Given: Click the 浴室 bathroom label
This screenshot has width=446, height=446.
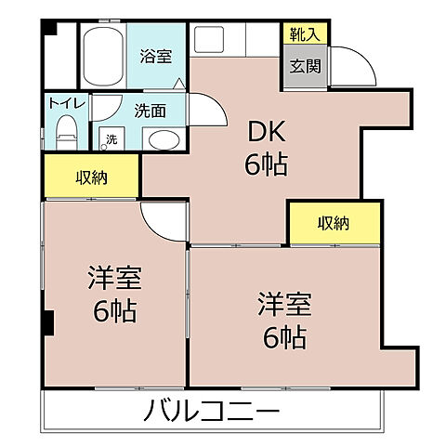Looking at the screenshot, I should [x=156, y=56].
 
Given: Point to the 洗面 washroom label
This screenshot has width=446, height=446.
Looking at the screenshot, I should [x=151, y=111].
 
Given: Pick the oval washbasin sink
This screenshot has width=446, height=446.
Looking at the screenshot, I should [x=164, y=141].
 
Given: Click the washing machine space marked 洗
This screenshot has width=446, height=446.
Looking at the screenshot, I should [x=111, y=138].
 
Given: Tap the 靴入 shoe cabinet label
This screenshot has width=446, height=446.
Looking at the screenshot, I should [x=304, y=36].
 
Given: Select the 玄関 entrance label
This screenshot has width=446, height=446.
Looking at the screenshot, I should [x=304, y=66].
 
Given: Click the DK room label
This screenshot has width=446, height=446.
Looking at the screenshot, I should [x=266, y=133].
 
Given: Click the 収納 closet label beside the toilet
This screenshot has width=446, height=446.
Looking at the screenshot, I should [x=92, y=177].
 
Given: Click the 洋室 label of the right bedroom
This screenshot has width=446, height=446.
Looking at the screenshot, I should [x=284, y=303].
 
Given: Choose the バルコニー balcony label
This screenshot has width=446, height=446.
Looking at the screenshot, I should [x=211, y=410].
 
